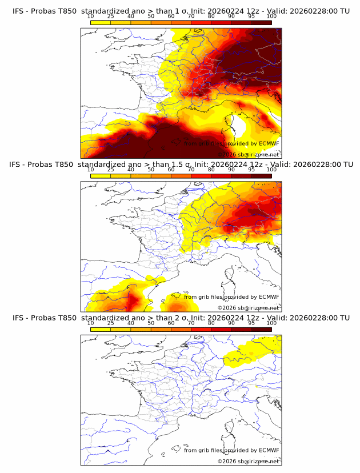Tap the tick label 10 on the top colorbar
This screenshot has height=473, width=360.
tap(90, 17)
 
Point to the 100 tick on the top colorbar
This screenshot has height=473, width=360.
tap(271, 17)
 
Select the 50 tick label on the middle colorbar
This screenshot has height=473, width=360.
tap(151, 170)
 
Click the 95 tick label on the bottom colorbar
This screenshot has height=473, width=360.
tap(251, 323)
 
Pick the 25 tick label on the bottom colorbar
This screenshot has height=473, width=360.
tap(110, 323)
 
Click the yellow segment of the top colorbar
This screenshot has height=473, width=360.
tap(100, 22)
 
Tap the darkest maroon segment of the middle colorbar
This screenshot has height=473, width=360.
tap(261, 176)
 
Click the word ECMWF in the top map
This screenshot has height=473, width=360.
tap(269, 144)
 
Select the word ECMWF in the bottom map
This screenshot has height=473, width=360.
tap(269, 450)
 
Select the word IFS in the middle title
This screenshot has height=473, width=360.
tap(18, 165)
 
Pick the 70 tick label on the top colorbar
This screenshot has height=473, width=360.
tap(191, 17)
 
